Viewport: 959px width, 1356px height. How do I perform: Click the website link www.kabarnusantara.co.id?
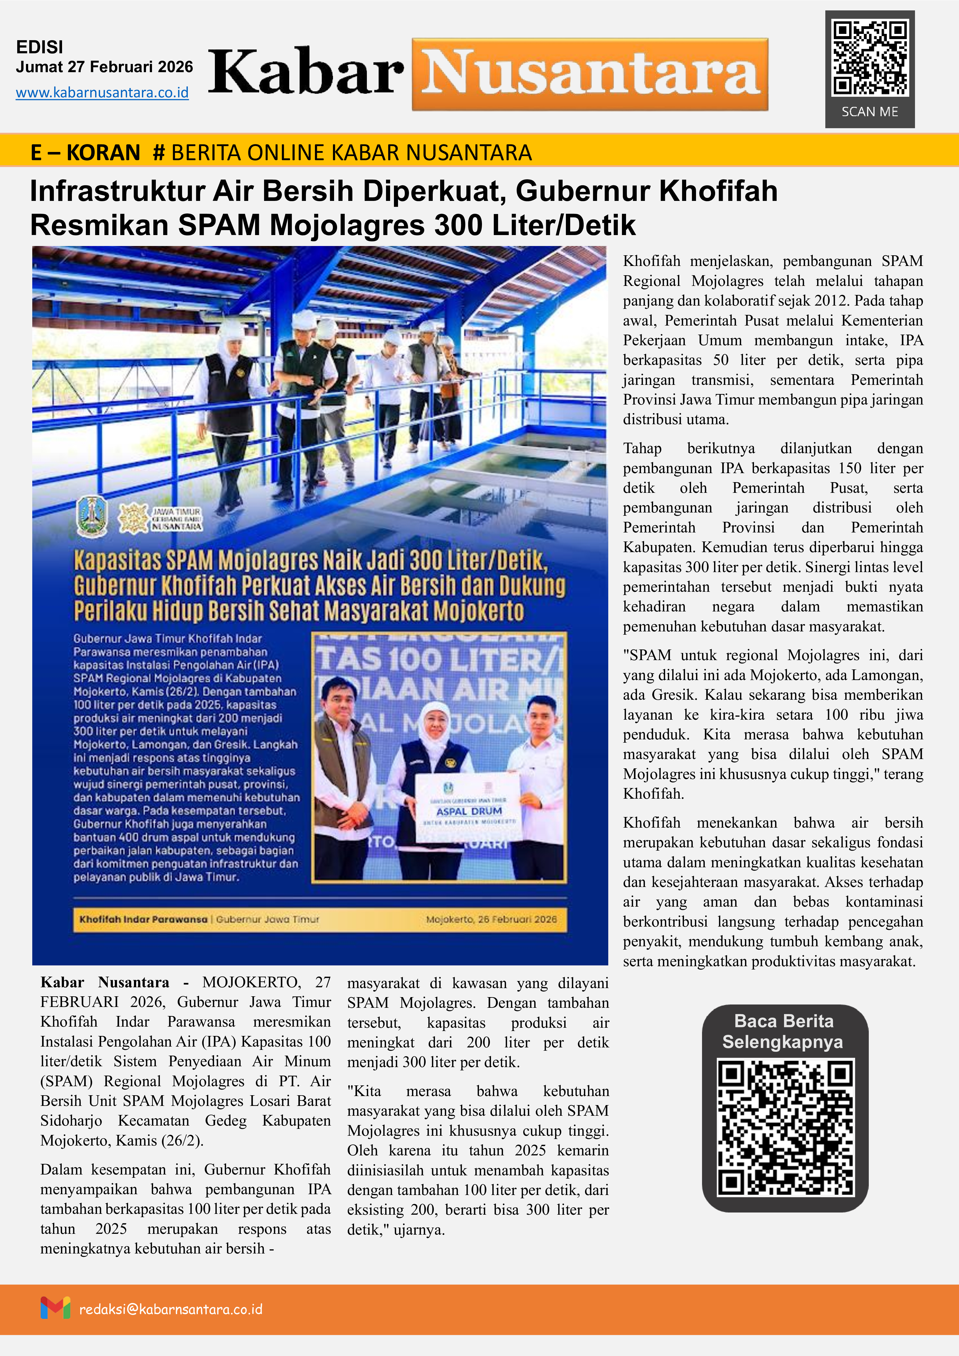(x=102, y=93)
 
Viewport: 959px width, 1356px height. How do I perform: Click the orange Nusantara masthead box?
(x=590, y=74)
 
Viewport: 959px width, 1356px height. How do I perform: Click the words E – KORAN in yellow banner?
(x=86, y=152)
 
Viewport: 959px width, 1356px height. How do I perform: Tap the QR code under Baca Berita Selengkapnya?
(x=785, y=1127)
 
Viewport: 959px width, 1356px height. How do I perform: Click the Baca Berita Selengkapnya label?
(x=783, y=1031)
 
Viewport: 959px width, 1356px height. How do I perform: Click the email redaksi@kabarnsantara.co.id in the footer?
(x=171, y=1309)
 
